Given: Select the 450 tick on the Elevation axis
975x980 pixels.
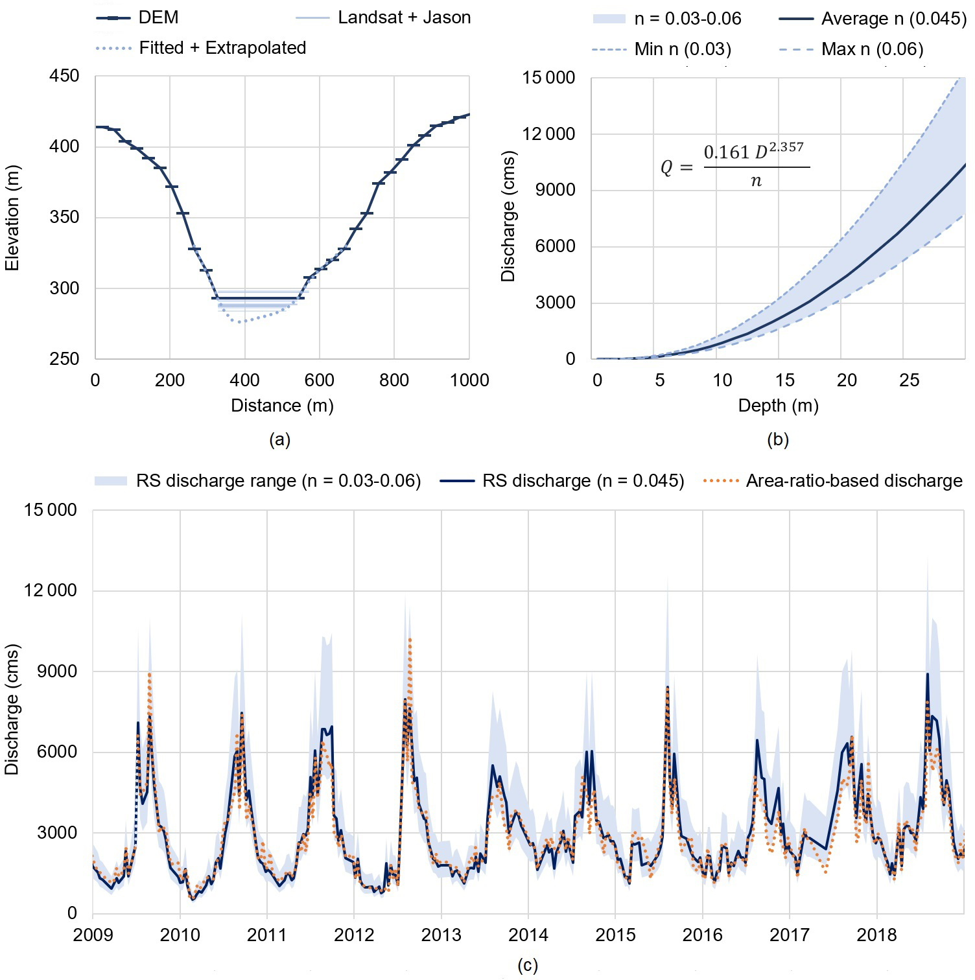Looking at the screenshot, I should (x=64, y=76).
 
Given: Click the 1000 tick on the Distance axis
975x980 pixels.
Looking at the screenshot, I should (x=469, y=380).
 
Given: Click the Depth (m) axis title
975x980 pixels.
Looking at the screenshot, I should (x=778, y=406).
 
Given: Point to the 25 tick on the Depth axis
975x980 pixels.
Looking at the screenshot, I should (x=909, y=380).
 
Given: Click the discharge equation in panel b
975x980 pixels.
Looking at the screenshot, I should (x=735, y=167).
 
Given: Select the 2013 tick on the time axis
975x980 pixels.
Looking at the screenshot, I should (x=441, y=935).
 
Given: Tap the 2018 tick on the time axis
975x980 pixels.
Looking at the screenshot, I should (x=876, y=935).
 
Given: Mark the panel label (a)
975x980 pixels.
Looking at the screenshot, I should (x=279, y=440).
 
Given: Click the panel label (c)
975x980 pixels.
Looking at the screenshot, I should (x=527, y=966).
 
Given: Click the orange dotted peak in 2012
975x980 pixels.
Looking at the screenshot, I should (x=410, y=640).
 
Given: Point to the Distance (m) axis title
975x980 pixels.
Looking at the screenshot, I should (x=282, y=406).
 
